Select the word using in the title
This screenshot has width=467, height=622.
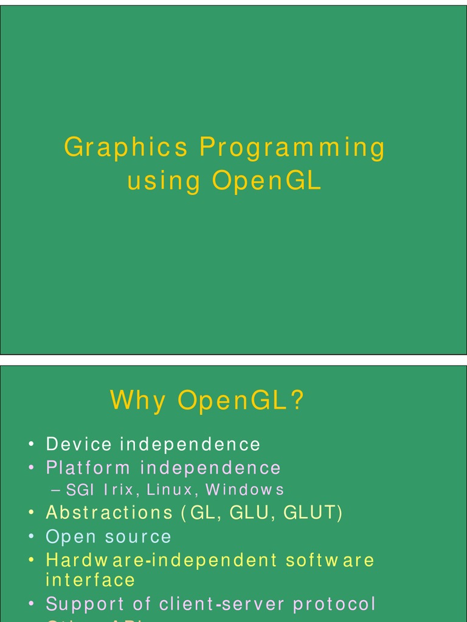click(164, 182)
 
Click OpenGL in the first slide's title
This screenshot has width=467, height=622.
click(267, 182)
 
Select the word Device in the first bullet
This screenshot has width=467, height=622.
click(79, 444)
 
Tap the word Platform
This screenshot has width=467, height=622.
click(88, 468)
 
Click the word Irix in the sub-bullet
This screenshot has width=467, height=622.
click(118, 490)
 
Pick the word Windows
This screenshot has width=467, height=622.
click(244, 490)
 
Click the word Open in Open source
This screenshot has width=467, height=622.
click(71, 537)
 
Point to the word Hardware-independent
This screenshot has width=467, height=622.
click(161, 560)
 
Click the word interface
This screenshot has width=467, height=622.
click(91, 579)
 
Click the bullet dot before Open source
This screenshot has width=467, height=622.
click(30, 538)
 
